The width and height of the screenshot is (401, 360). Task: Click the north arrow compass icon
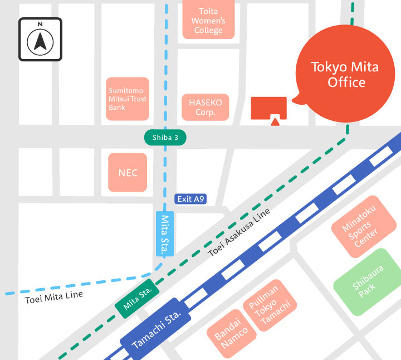[40, 39]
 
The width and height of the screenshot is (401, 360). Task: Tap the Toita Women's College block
[208, 21]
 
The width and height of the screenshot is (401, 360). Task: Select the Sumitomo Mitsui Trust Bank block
[128, 99]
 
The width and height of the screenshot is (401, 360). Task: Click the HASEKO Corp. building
[206, 107]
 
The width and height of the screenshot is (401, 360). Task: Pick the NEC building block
[128, 173]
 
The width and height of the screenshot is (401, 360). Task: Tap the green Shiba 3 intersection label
[165, 138]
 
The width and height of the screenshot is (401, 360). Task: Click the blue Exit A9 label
[190, 199]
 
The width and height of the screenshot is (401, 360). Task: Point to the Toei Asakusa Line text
[239, 232]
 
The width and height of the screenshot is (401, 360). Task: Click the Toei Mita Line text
[53, 296]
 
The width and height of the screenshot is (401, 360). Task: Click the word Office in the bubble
[346, 82]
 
